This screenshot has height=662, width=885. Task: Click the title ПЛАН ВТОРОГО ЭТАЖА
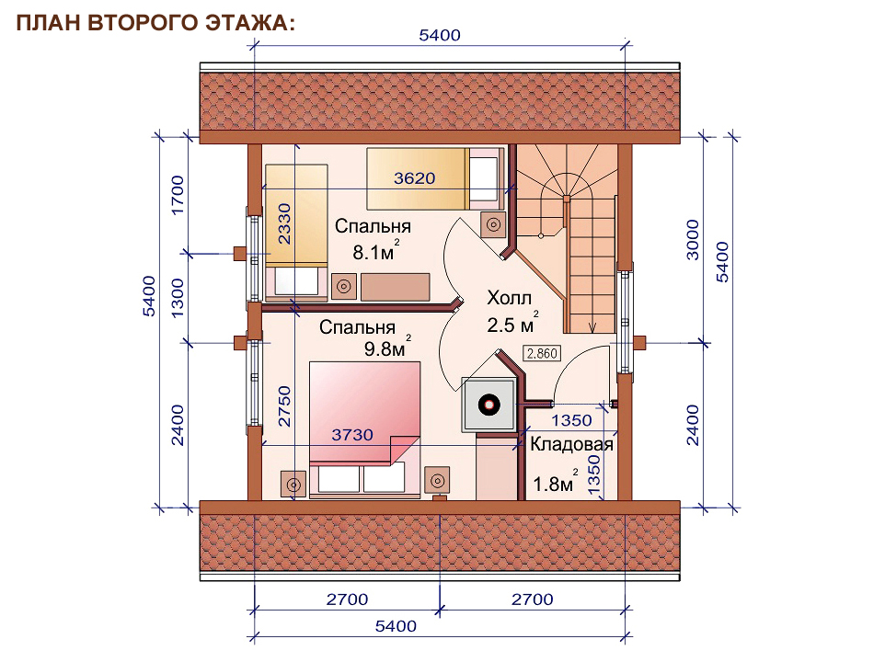tap(155, 23)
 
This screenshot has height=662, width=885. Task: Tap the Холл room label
tap(509, 298)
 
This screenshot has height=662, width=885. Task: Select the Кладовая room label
tap(571, 444)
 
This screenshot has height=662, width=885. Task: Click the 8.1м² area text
tap(376, 251)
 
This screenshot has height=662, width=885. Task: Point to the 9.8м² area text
tap(387, 348)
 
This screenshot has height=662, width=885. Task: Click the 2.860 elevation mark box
tap(542, 354)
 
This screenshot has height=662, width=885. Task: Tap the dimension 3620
tap(415, 178)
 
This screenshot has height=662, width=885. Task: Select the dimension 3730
tap(352, 435)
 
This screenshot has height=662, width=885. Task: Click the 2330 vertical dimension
tap(284, 223)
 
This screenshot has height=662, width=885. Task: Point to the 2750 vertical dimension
tap(284, 406)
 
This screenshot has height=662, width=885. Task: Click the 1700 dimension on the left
tap(178, 195)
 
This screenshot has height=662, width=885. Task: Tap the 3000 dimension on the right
tap(693, 239)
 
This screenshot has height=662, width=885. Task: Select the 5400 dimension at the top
tap(440, 35)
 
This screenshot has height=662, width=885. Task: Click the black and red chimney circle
tap(488, 405)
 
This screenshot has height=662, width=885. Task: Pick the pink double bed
tap(364, 429)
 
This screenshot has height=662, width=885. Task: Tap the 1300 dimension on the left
tap(178, 298)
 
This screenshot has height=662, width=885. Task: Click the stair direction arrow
tap(592, 325)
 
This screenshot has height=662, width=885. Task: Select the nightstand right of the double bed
tap(437, 481)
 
